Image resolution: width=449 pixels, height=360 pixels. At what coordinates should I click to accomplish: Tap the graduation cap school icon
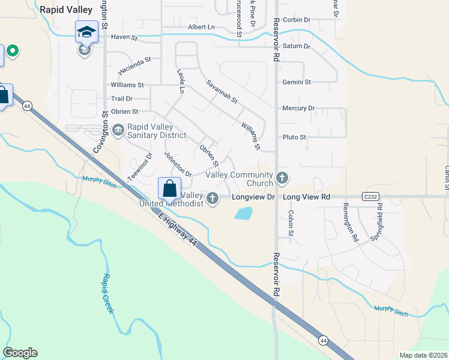86,32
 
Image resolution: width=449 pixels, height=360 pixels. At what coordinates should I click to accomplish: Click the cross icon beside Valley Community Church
282,178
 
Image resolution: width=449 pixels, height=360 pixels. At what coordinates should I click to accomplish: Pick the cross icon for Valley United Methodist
212,198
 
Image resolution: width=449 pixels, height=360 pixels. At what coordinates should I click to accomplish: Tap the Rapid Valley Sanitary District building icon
118,128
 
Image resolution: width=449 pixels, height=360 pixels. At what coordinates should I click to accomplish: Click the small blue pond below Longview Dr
244,212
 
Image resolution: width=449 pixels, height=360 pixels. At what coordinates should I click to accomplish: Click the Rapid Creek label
109,293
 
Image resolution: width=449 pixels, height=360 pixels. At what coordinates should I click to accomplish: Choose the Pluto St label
295,137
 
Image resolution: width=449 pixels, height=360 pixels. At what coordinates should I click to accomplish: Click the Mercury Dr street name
298,108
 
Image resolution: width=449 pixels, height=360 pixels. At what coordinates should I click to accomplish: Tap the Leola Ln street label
181,81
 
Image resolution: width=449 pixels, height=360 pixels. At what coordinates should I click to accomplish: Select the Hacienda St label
134,65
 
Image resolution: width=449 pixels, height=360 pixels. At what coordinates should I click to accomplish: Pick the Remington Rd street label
350,223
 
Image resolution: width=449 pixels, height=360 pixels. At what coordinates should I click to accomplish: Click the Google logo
20,353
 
